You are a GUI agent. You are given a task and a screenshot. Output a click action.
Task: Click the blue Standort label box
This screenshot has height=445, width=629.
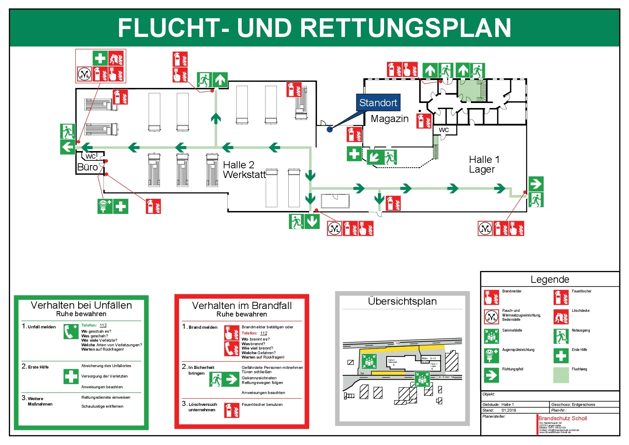[x=378, y=103]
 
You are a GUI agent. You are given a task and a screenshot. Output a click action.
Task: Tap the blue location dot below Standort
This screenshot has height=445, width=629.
[x=330, y=129]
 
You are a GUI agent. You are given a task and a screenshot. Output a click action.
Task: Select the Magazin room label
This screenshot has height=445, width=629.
[x=389, y=119]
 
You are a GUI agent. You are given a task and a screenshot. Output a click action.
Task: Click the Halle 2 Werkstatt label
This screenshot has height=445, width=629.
[x=244, y=170]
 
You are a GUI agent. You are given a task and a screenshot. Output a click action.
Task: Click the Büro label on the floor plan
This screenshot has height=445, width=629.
[x=87, y=167]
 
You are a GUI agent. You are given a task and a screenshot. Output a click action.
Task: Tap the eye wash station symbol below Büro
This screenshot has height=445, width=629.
[x=105, y=206]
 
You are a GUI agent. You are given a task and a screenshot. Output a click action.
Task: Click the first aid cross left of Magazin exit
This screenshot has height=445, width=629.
[x=354, y=154]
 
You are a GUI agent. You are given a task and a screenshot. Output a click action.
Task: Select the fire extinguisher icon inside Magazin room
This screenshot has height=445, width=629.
[x=424, y=121]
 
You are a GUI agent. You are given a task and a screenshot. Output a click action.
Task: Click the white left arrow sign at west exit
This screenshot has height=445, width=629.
[x=67, y=147]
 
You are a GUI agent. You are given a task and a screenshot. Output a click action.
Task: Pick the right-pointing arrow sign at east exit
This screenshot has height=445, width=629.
[x=535, y=184]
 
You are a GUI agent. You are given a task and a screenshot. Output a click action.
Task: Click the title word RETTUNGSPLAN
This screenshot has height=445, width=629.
[x=405, y=28]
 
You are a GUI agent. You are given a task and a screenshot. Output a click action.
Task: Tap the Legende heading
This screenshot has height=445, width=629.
[x=550, y=280]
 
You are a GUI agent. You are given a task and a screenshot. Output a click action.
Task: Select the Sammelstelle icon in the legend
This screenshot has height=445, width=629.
[x=491, y=336]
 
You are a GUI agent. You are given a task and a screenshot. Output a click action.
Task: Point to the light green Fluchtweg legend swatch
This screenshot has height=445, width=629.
[x=561, y=375]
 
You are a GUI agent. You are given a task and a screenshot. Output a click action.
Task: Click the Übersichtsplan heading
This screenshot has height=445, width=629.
[x=402, y=301]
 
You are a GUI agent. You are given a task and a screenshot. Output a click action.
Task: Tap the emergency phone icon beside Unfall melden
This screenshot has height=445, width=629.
[x=71, y=332]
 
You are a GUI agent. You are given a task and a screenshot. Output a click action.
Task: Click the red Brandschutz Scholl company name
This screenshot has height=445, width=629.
[x=562, y=418]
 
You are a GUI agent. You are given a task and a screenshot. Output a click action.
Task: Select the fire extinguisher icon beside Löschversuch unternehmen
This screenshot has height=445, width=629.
[x=232, y=410]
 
